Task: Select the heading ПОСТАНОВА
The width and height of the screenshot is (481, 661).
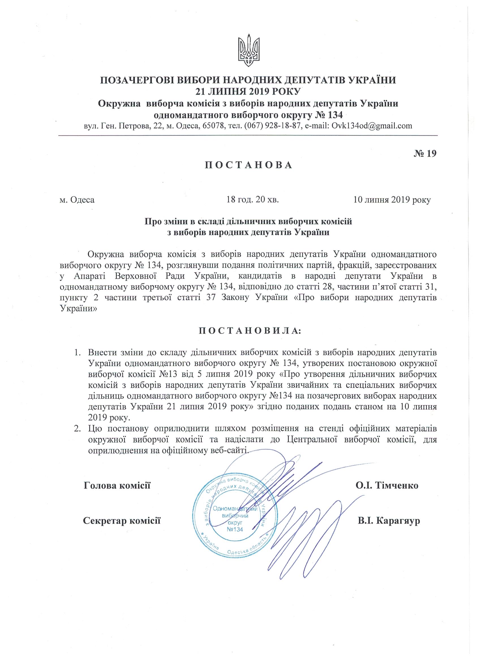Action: [248, 165]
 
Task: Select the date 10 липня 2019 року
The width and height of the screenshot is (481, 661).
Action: [392, 200]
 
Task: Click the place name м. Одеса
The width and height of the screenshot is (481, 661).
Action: [77, 200]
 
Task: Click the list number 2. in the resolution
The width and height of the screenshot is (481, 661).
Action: [77, 429]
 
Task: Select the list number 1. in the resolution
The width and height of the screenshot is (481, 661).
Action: [77, 353]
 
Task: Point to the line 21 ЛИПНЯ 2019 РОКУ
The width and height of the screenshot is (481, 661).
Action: [248, 92]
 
